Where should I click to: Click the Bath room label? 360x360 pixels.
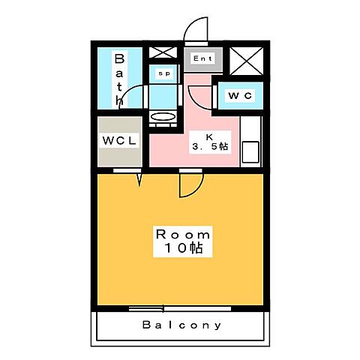click(x=119, y=79)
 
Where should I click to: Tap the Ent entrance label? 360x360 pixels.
click(x=202, y=58)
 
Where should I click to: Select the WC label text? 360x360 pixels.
click(x=240, y=95)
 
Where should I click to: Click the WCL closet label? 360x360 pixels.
click(x=119, y=140)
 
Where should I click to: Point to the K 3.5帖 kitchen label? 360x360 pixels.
click(x=210, y=142)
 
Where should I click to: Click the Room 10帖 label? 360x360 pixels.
click(x=183, y=241)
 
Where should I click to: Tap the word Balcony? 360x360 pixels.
click(x=181, y=325)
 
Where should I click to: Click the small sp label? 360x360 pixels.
click(x=164, y=73)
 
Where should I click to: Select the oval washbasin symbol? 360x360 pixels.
click(x=163, y=116)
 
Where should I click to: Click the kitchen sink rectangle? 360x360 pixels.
click(x=250, y=151)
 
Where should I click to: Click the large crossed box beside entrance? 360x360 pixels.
click(x=246, y=61)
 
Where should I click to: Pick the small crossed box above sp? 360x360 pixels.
click(x=163, y=52)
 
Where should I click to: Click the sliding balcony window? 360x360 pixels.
click(x=180, y=309)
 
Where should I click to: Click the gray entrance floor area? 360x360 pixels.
click(x=203, y=59)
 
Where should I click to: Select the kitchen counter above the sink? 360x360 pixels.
click(x=250, y=129)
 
